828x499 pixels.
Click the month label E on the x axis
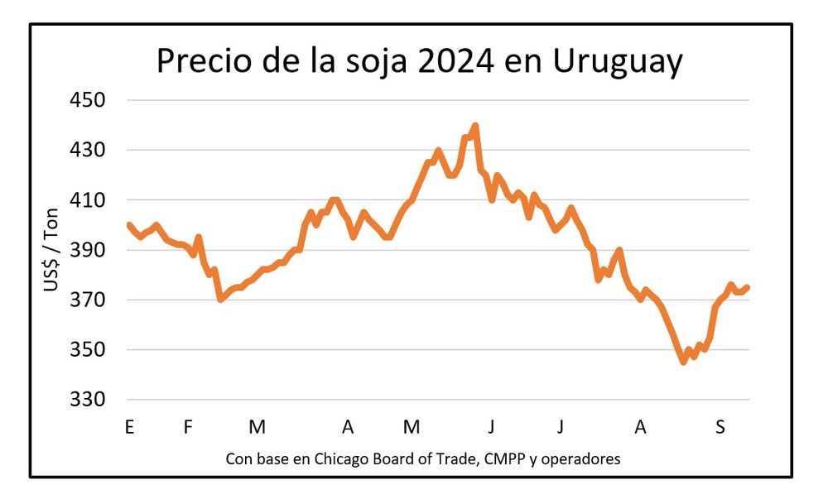click(x=128, y=427)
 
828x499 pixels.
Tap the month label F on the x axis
click(x=188, y=427)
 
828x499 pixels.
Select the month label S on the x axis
click(x=720, y=427)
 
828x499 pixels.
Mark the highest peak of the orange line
click(x=475, y=126)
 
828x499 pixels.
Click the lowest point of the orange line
click(x=683, y=362)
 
